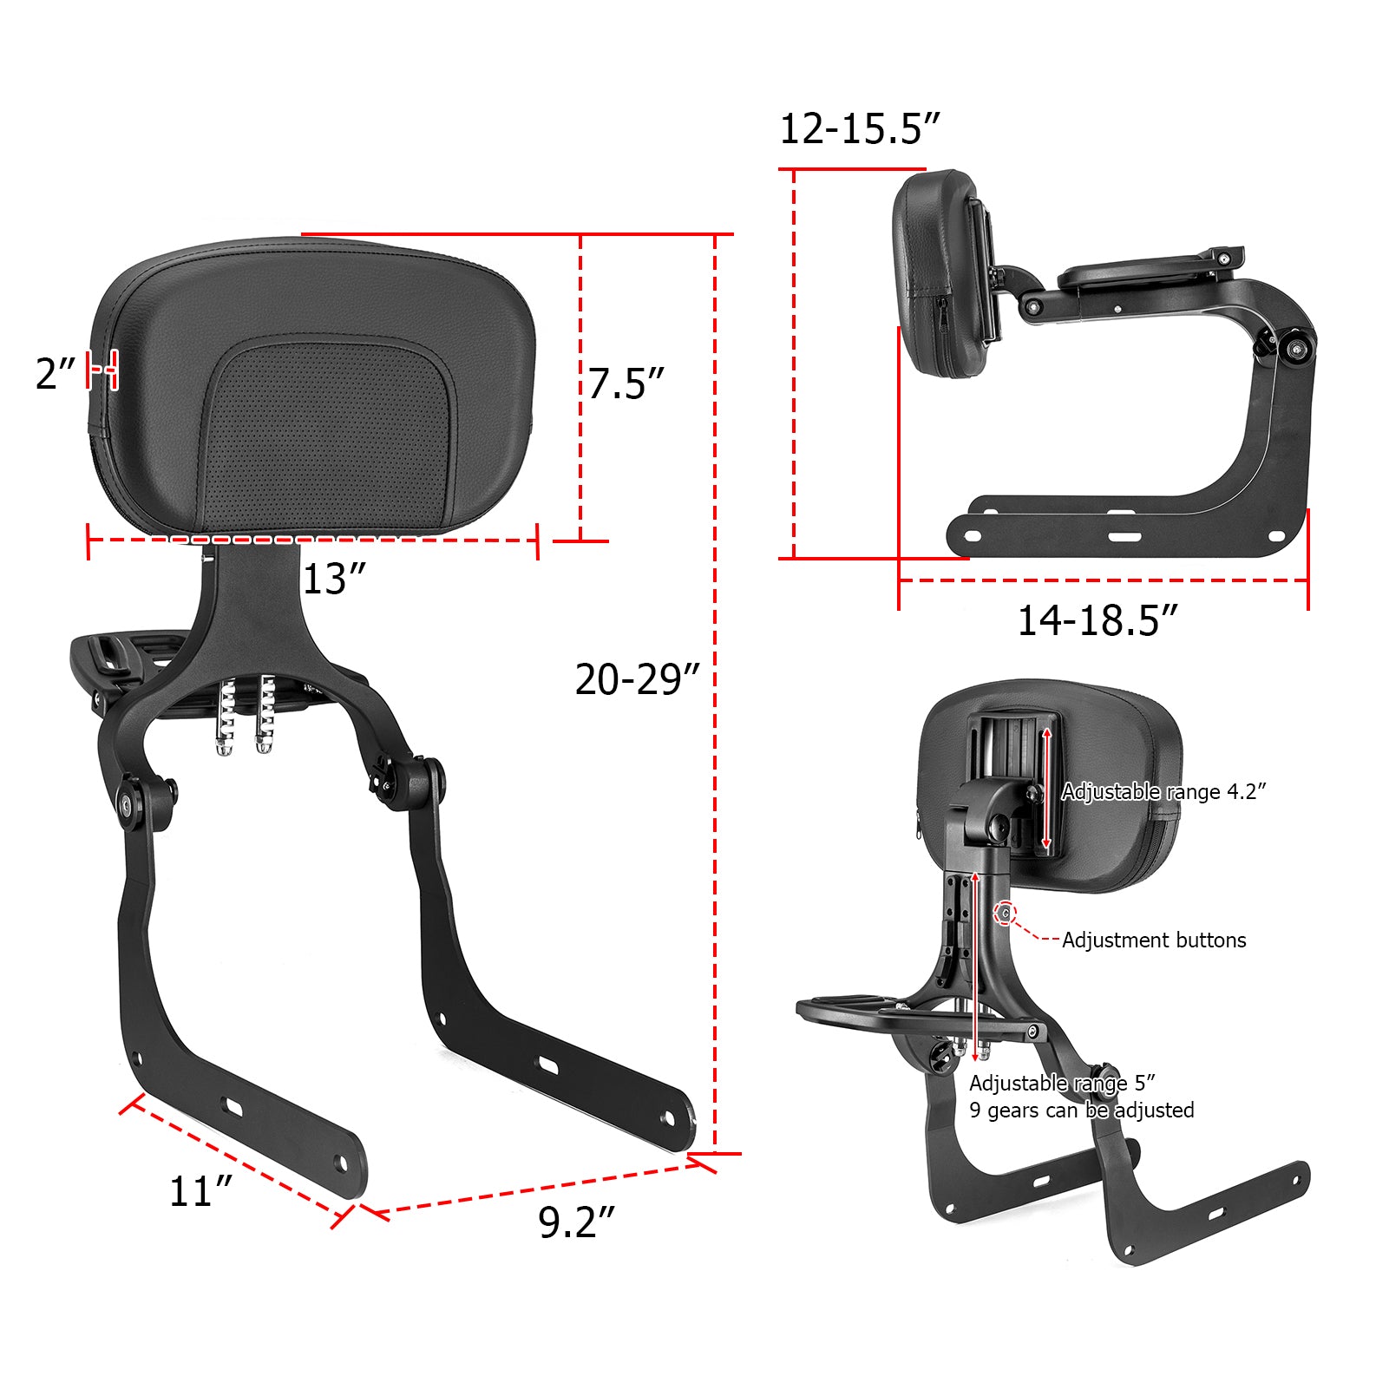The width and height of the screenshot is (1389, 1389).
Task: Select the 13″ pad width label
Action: [334, 579]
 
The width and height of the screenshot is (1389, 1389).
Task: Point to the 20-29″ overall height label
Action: [637, 679]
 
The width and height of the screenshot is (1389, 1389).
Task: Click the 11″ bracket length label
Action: [200, 1191]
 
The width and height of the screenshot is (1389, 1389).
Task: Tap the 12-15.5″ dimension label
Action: [859, 129]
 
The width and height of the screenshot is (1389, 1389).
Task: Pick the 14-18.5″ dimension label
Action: [1097, 621]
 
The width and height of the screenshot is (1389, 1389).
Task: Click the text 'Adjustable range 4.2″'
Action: [1163, 791]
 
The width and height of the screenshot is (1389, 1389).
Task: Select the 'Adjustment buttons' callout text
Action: [1154, 940]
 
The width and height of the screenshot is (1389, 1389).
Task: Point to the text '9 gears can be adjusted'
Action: [1081, 1110]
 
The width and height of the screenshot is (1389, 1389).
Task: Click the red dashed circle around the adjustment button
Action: [1006, 913]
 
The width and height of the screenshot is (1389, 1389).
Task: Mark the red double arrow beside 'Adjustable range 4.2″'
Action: [1047, 788]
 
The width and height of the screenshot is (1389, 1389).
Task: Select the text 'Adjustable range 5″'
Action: [1062, 1083]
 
